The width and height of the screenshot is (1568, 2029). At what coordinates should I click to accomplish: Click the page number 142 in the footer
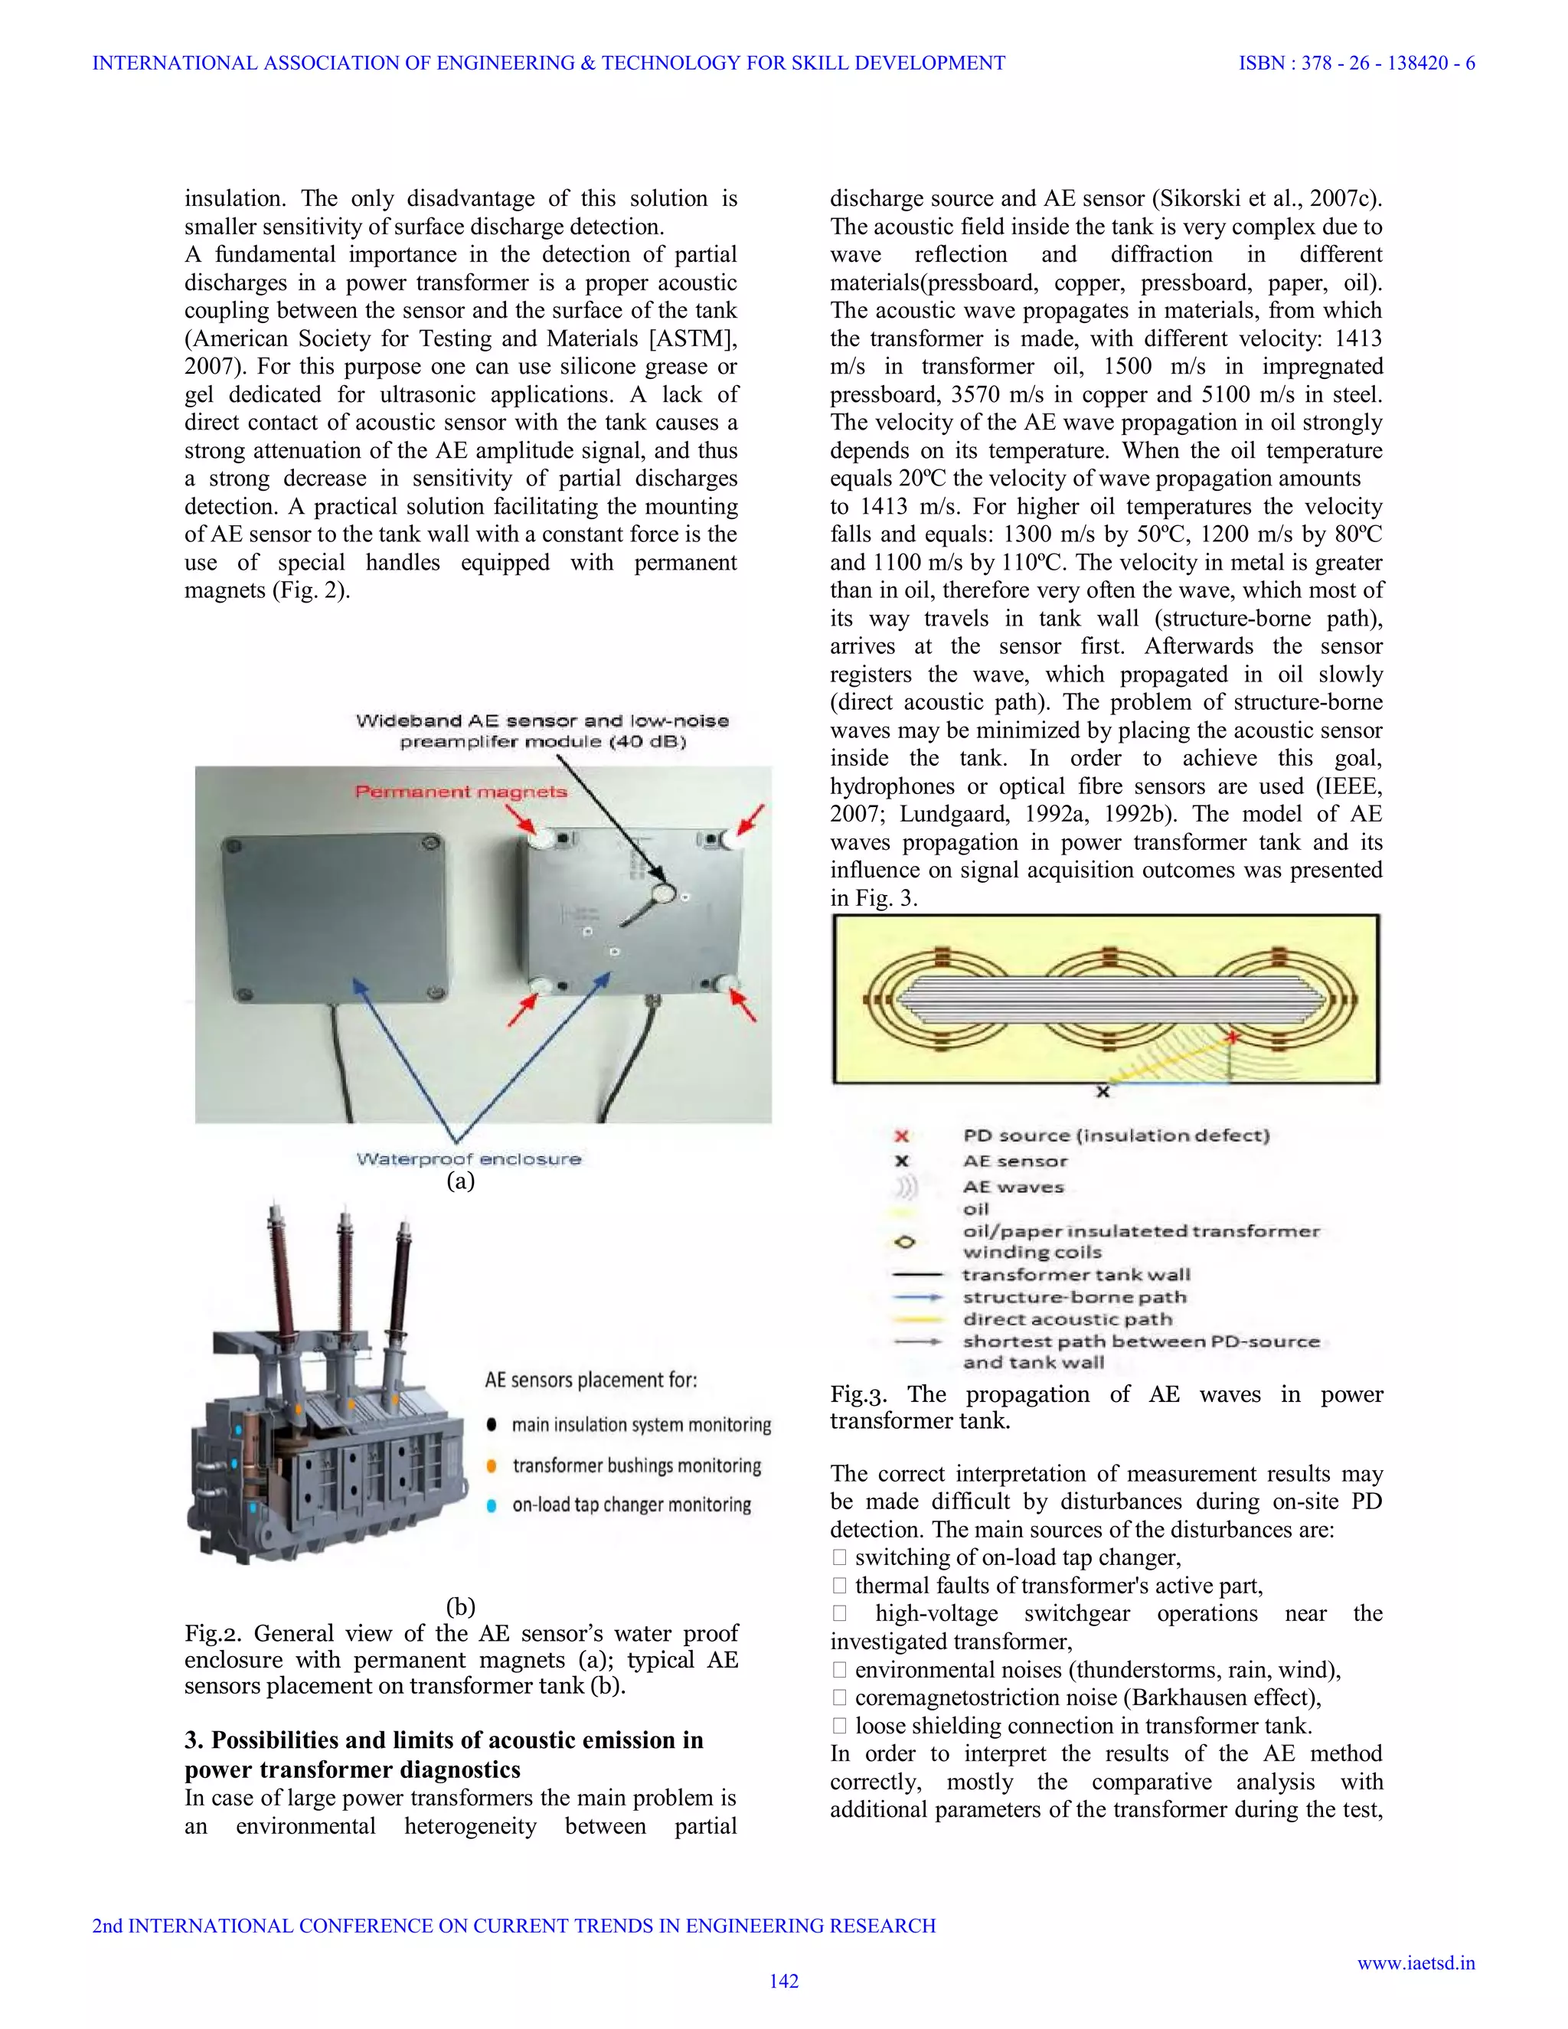(783, 1981)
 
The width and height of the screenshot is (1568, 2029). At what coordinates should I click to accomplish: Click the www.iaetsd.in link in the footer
(1416, 1962)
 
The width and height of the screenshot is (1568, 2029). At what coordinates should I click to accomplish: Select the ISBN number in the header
(1356, 64)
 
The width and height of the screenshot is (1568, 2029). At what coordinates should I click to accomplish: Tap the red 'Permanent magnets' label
(461, 792)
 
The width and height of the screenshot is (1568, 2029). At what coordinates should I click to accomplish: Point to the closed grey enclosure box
(332, 915)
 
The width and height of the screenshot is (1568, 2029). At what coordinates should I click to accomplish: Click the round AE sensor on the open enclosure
(663, 894)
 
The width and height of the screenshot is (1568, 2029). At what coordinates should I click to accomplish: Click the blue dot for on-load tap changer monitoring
(492, 1505)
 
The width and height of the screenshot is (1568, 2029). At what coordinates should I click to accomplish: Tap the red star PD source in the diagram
(1233, 1037)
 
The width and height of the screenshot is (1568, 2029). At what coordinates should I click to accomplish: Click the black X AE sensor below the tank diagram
(1102, 1092)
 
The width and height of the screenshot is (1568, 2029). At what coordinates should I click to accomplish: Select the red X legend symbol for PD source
(900, 1135)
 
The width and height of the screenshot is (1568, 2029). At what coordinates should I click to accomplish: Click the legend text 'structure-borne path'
(1074, 1297)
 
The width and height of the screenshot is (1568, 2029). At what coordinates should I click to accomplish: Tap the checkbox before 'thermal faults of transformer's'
(839, 1585)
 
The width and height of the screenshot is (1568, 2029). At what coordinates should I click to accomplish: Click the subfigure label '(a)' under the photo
(461, 1181)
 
